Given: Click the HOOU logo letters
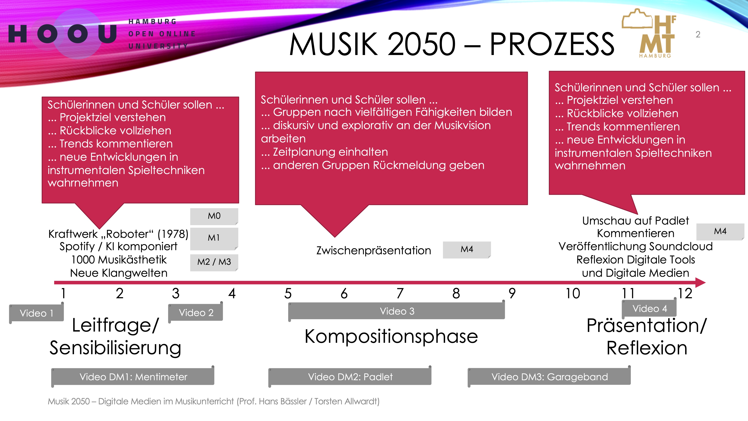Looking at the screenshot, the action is click(x=62, y=34).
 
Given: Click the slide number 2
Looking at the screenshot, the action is click(x=698, y=35).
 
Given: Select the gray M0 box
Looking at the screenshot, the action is click(x=214, y=216).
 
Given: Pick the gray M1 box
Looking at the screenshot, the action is click(x=214, y=239).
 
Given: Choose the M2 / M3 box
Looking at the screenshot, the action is click(x=214, y=262).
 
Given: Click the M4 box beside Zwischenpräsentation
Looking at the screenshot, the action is click(x=467, y=250).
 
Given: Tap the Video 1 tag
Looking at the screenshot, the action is click(x=37, y=313).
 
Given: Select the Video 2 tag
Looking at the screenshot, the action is click(x=196, y=312).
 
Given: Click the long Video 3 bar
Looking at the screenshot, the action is click(x=397, y=311).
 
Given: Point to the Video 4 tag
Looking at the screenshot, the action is click(x=649, y=308).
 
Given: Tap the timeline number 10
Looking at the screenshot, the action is click(x=573, y=293).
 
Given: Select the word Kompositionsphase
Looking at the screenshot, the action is click(x=391, y=336).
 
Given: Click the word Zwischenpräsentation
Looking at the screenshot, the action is click(x=374, y=250).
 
